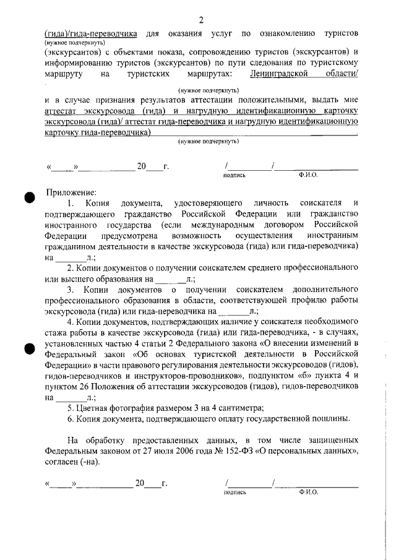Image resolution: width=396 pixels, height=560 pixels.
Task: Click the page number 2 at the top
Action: click(200, 19)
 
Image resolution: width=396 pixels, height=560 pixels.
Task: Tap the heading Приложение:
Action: click(72, 191)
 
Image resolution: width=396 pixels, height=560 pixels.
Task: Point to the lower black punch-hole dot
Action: click(29, 348)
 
